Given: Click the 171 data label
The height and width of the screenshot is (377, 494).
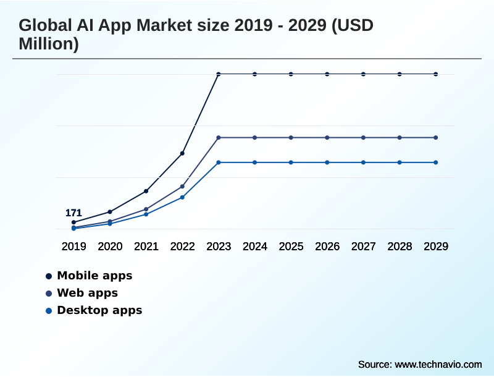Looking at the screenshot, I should (73, 213).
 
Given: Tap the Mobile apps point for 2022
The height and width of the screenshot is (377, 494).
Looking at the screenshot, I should (182, 153).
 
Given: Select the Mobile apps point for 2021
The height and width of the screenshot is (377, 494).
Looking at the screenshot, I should (146, 191).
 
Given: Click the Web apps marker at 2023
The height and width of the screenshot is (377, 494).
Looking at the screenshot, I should (219, 137).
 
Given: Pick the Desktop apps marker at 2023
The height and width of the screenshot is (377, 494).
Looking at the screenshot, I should (219, 163).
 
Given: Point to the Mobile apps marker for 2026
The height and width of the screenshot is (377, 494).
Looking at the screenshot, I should (327, 74).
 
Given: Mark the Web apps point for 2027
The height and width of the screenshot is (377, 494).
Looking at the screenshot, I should (364, 137).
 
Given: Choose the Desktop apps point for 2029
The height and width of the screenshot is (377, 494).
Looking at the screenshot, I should (436, 163).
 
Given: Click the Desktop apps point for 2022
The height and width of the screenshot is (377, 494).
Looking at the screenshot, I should (182, 197).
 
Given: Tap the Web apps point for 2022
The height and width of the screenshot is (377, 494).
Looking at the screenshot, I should (182, 186).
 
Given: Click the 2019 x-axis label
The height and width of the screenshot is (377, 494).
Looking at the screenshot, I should (73, 247).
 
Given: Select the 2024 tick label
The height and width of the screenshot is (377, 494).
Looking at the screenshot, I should (255, 247).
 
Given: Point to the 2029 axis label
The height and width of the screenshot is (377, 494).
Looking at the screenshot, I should (436, 247).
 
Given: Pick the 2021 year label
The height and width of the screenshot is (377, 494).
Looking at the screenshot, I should (146, 247).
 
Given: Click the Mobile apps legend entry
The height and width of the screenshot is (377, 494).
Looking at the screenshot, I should (94, 276).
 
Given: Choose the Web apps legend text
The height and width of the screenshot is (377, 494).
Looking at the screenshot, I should (87, 293).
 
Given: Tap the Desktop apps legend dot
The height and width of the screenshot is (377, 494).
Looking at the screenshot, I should (48, 310).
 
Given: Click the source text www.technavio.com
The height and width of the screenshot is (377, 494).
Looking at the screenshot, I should (438, 364).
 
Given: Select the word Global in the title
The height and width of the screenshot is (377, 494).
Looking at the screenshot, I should (44, 27).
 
